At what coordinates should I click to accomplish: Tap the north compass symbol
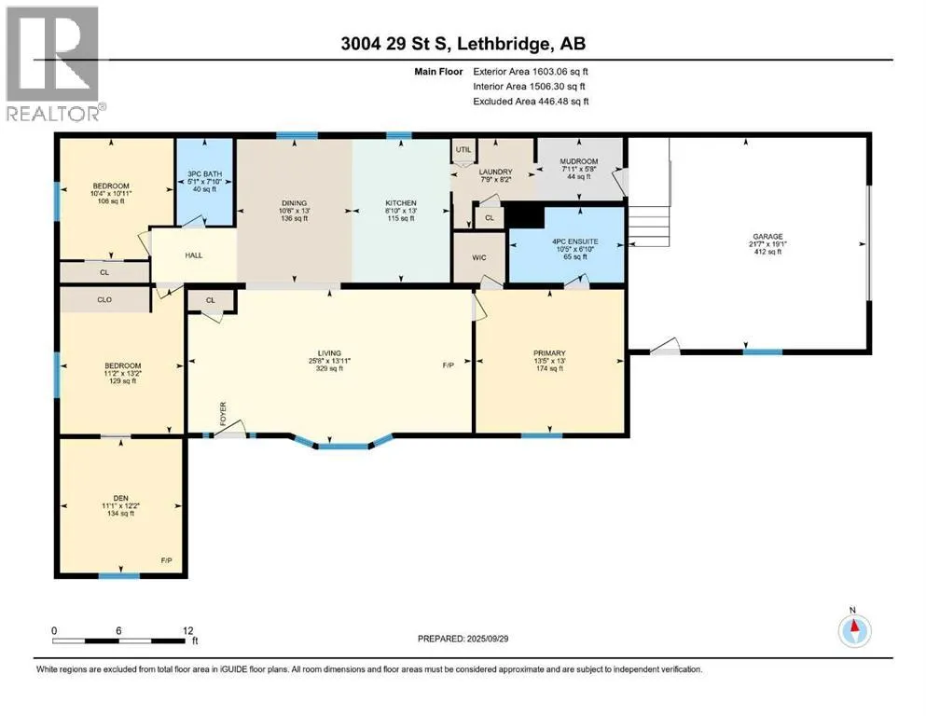(x=854, y=630)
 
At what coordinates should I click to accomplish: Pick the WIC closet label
(x=479, y=258)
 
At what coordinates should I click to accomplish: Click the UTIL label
(x=463, y=149)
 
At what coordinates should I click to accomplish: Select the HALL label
(x=194, y=255)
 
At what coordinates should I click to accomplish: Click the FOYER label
(x=223, y=414)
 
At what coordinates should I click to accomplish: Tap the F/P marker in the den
(x=167, y=560)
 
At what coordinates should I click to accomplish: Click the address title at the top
(x=463, y=44)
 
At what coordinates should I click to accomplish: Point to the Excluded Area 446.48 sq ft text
(x=531, y=102)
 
